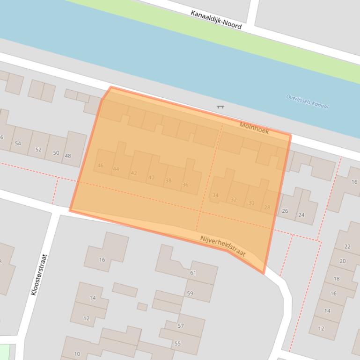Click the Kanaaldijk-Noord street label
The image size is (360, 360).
[x=216, y=20]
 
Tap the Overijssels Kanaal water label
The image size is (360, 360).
[x=307, y=101]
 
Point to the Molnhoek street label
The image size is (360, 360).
[x=254, y=128]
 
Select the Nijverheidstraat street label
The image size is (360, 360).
[x=223, y=245]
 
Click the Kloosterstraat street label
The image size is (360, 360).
[x=39, y=274]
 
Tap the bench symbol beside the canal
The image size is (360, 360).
[x=220, y=107]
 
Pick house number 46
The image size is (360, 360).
[x=100, y=166]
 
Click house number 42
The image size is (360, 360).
[x=134, y=173]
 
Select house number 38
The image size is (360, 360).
[x=168, y=180]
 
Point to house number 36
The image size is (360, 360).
[x=185, y=185]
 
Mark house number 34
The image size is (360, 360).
[x=215, y=195]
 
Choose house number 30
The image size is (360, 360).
[x=251, y=203]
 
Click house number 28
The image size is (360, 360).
[x=267, y=207]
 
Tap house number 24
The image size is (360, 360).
[x=301, y=215]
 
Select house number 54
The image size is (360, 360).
[x=18, y=143]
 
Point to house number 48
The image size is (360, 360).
[x=67, y=156]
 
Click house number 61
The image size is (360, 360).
[x=193, y=273]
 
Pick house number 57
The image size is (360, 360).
[x=180, y=326]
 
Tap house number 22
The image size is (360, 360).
[x=347, y=246]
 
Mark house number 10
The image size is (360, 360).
[x=77, y=354]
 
